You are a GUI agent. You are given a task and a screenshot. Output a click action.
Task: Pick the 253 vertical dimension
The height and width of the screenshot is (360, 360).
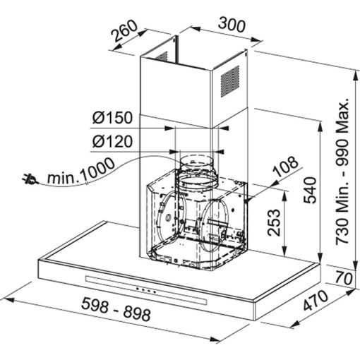tap(274, 224)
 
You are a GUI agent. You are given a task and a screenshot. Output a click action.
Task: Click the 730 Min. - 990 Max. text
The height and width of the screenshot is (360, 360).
tap(343, 169)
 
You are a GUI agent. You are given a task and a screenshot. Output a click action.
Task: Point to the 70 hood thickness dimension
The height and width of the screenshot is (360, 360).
tap(344, 277)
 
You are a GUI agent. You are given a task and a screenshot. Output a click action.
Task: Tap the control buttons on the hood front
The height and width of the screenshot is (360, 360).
tap(145, 289)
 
